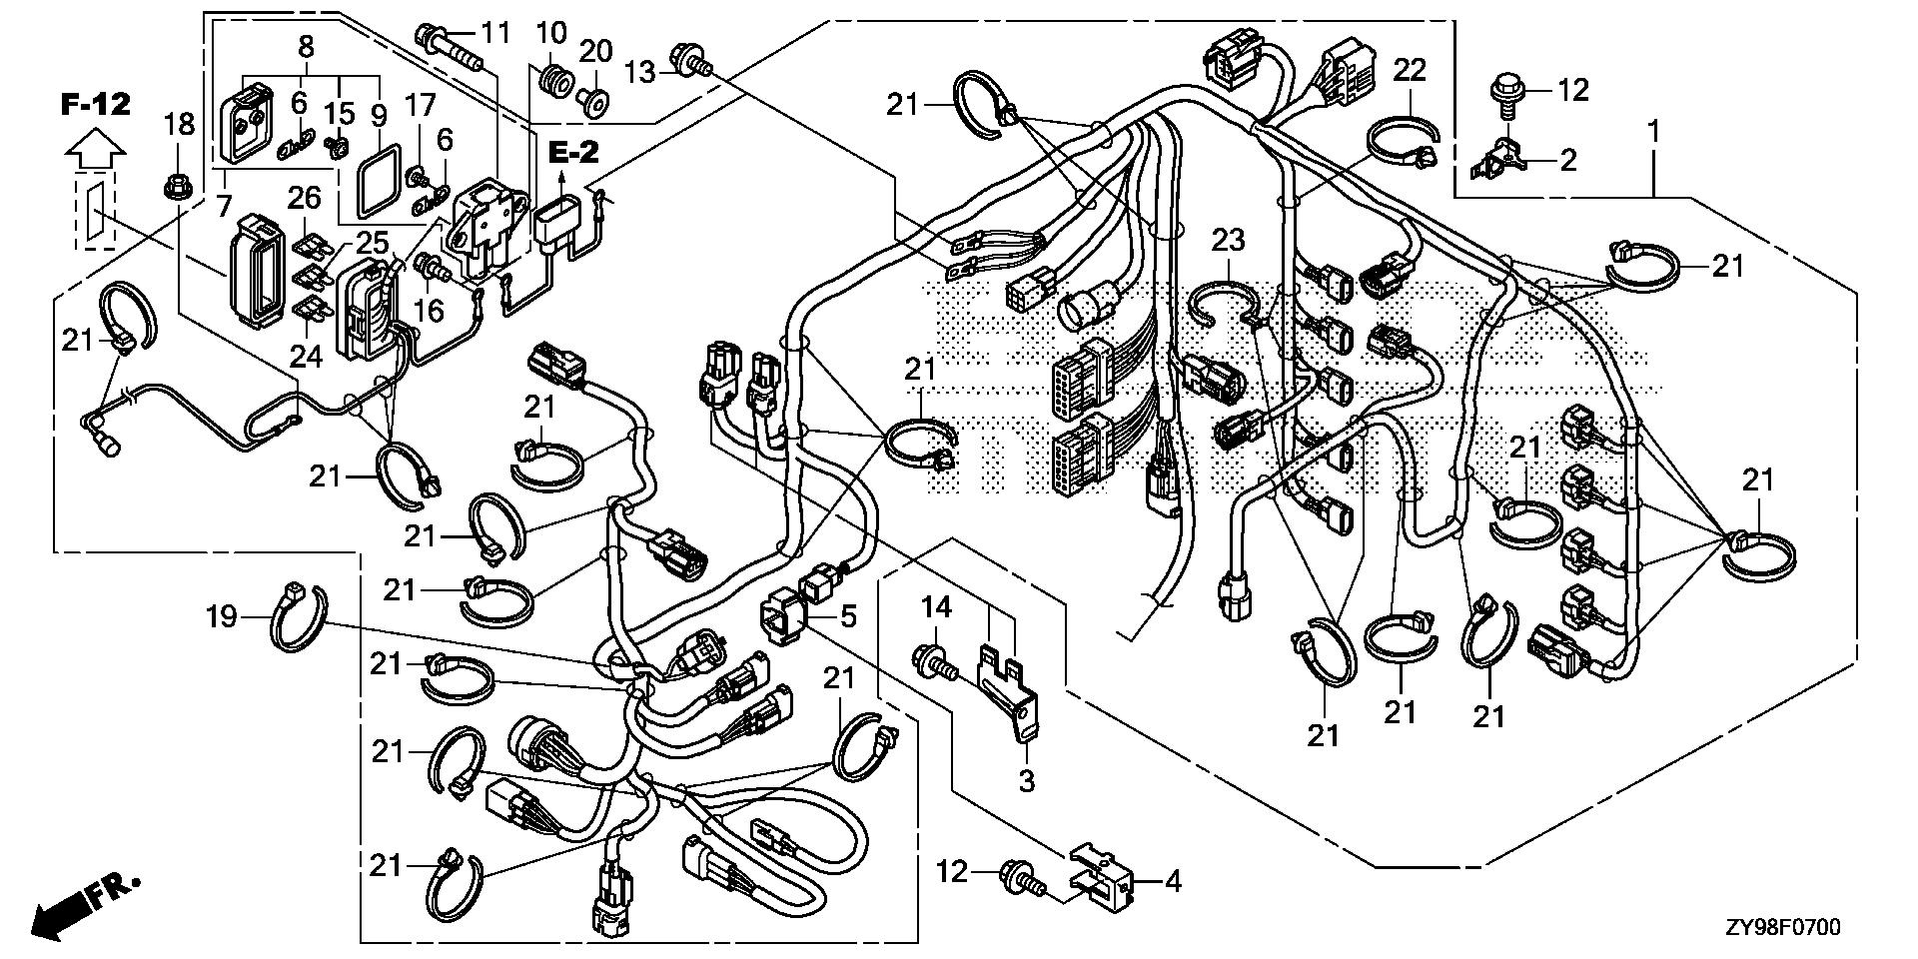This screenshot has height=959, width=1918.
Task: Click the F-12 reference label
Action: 96,104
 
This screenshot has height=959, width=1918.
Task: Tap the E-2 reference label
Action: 573,153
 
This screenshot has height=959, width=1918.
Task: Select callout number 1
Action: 1654,130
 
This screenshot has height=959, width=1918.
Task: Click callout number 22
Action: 1410,70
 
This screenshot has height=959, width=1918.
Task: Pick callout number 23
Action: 1229,240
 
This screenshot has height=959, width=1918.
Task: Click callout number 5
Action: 848,615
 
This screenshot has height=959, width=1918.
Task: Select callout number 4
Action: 1173,882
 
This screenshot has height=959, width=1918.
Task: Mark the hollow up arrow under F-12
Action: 96,153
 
